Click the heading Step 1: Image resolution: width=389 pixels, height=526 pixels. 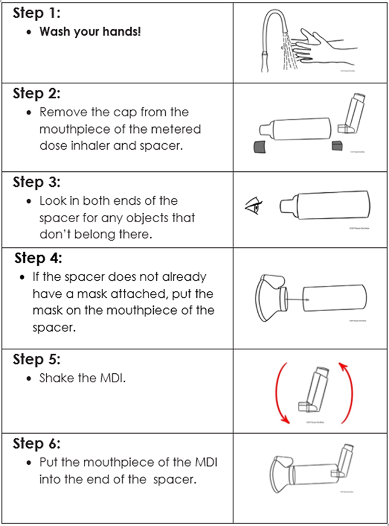click(36, 13)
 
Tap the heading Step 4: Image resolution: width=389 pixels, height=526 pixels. click(38, 258)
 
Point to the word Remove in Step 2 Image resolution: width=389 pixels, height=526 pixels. click(60, 112)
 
